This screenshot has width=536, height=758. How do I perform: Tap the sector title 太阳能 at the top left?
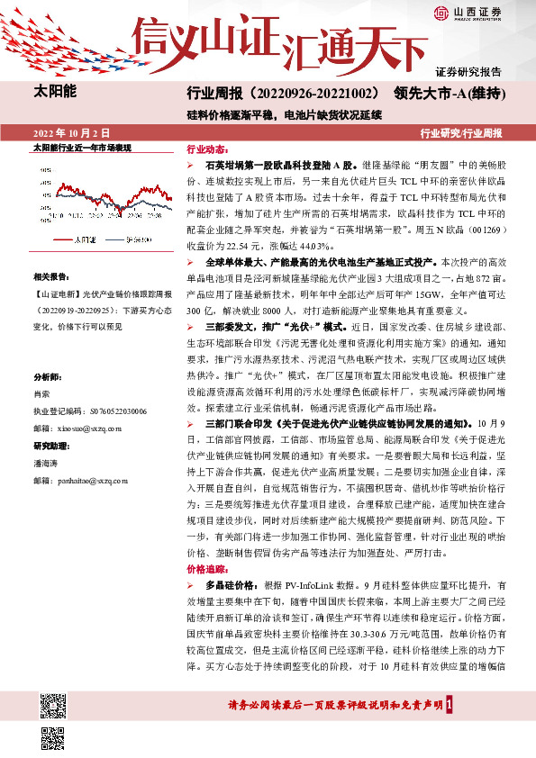[x=55, y=92]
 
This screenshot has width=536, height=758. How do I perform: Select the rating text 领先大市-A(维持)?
[x=447, y=95]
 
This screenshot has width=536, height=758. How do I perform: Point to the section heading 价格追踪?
[x=204, y=570]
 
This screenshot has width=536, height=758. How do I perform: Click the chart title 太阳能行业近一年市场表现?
[x=82, y=147]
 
